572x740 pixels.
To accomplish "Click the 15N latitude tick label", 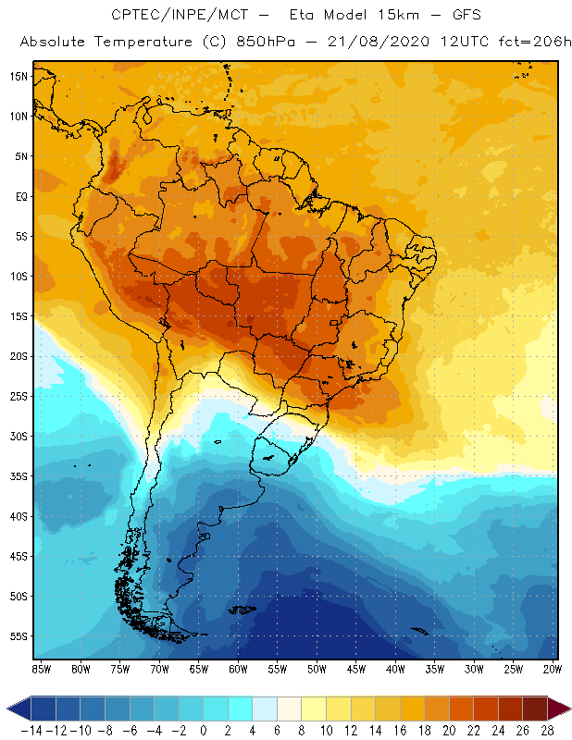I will click(19, 76).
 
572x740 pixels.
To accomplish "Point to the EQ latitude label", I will click(20, 196).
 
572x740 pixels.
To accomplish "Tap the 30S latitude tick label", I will click(19, 436).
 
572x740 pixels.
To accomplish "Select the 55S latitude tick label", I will click(19, 636).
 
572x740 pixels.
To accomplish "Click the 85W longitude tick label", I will click(41, 668).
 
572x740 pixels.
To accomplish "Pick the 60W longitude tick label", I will click(240, 668).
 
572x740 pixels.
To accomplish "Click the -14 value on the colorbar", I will click(31, 730).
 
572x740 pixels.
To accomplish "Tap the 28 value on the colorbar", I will click(546, 730).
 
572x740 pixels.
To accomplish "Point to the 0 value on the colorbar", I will click(204, 730).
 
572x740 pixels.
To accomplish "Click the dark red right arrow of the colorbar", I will click(559, 709).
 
